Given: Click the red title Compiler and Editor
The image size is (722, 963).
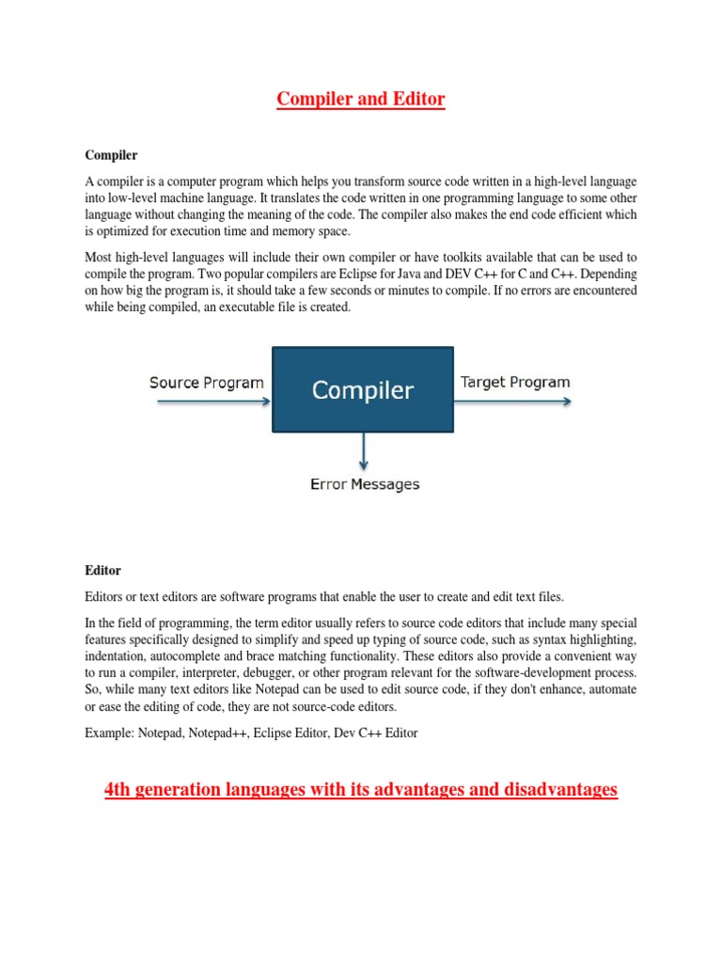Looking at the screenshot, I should coord(360,99).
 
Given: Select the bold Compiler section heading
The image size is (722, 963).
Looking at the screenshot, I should coord(111,153).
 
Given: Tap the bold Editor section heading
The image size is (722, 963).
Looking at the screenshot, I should coord(102,570).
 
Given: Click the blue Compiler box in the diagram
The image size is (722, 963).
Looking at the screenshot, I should coord(363,390).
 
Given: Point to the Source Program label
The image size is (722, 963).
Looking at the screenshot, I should coord(207,383).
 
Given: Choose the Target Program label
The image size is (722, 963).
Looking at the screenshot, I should coord(514,382).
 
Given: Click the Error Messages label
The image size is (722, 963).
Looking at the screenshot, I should coord(365,484).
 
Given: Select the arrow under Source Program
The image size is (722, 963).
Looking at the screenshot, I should coord(212,402).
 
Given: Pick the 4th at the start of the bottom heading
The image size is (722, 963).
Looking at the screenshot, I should coord(117,789).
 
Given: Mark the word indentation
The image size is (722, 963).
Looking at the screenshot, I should coord(119,656).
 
